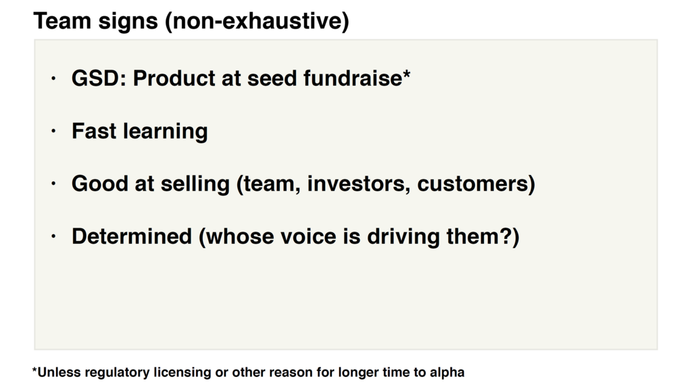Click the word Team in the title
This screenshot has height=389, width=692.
(x=61, y=21)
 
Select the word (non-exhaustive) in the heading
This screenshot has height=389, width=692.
(x=257, y=21)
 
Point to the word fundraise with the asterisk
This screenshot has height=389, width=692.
(x=357, y=78)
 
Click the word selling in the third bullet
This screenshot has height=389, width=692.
(x=195, y=184)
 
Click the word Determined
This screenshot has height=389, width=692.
(x=132, y=236)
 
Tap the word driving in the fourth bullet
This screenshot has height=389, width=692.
(x=403, y=237)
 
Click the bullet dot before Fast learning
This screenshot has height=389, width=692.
(x=53, y=131)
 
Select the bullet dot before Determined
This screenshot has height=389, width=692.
(x=53, y=236)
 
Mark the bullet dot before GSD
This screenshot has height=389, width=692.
(x=53, y=78)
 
